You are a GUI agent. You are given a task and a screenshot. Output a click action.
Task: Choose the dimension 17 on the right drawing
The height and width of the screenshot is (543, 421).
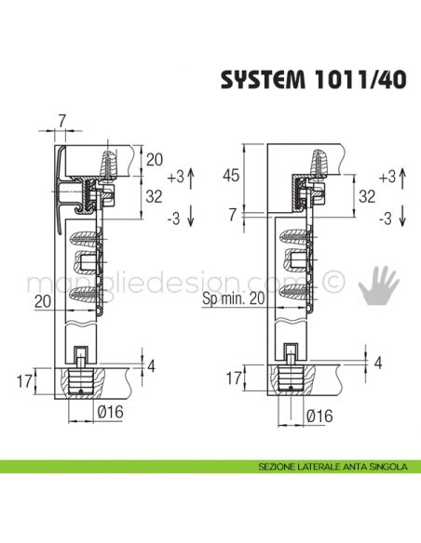click(x=235, y=379)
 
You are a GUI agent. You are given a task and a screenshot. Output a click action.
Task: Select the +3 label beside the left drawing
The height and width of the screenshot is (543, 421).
click(x=175, y=174)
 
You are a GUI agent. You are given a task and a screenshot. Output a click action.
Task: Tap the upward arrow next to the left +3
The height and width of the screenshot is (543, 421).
click(x=192, y=174)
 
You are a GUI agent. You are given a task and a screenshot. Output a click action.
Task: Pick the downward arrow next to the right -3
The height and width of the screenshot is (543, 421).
click(x=402, y=218)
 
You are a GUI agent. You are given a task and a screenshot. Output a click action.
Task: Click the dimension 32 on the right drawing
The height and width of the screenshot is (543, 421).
click(x=367, y=196)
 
